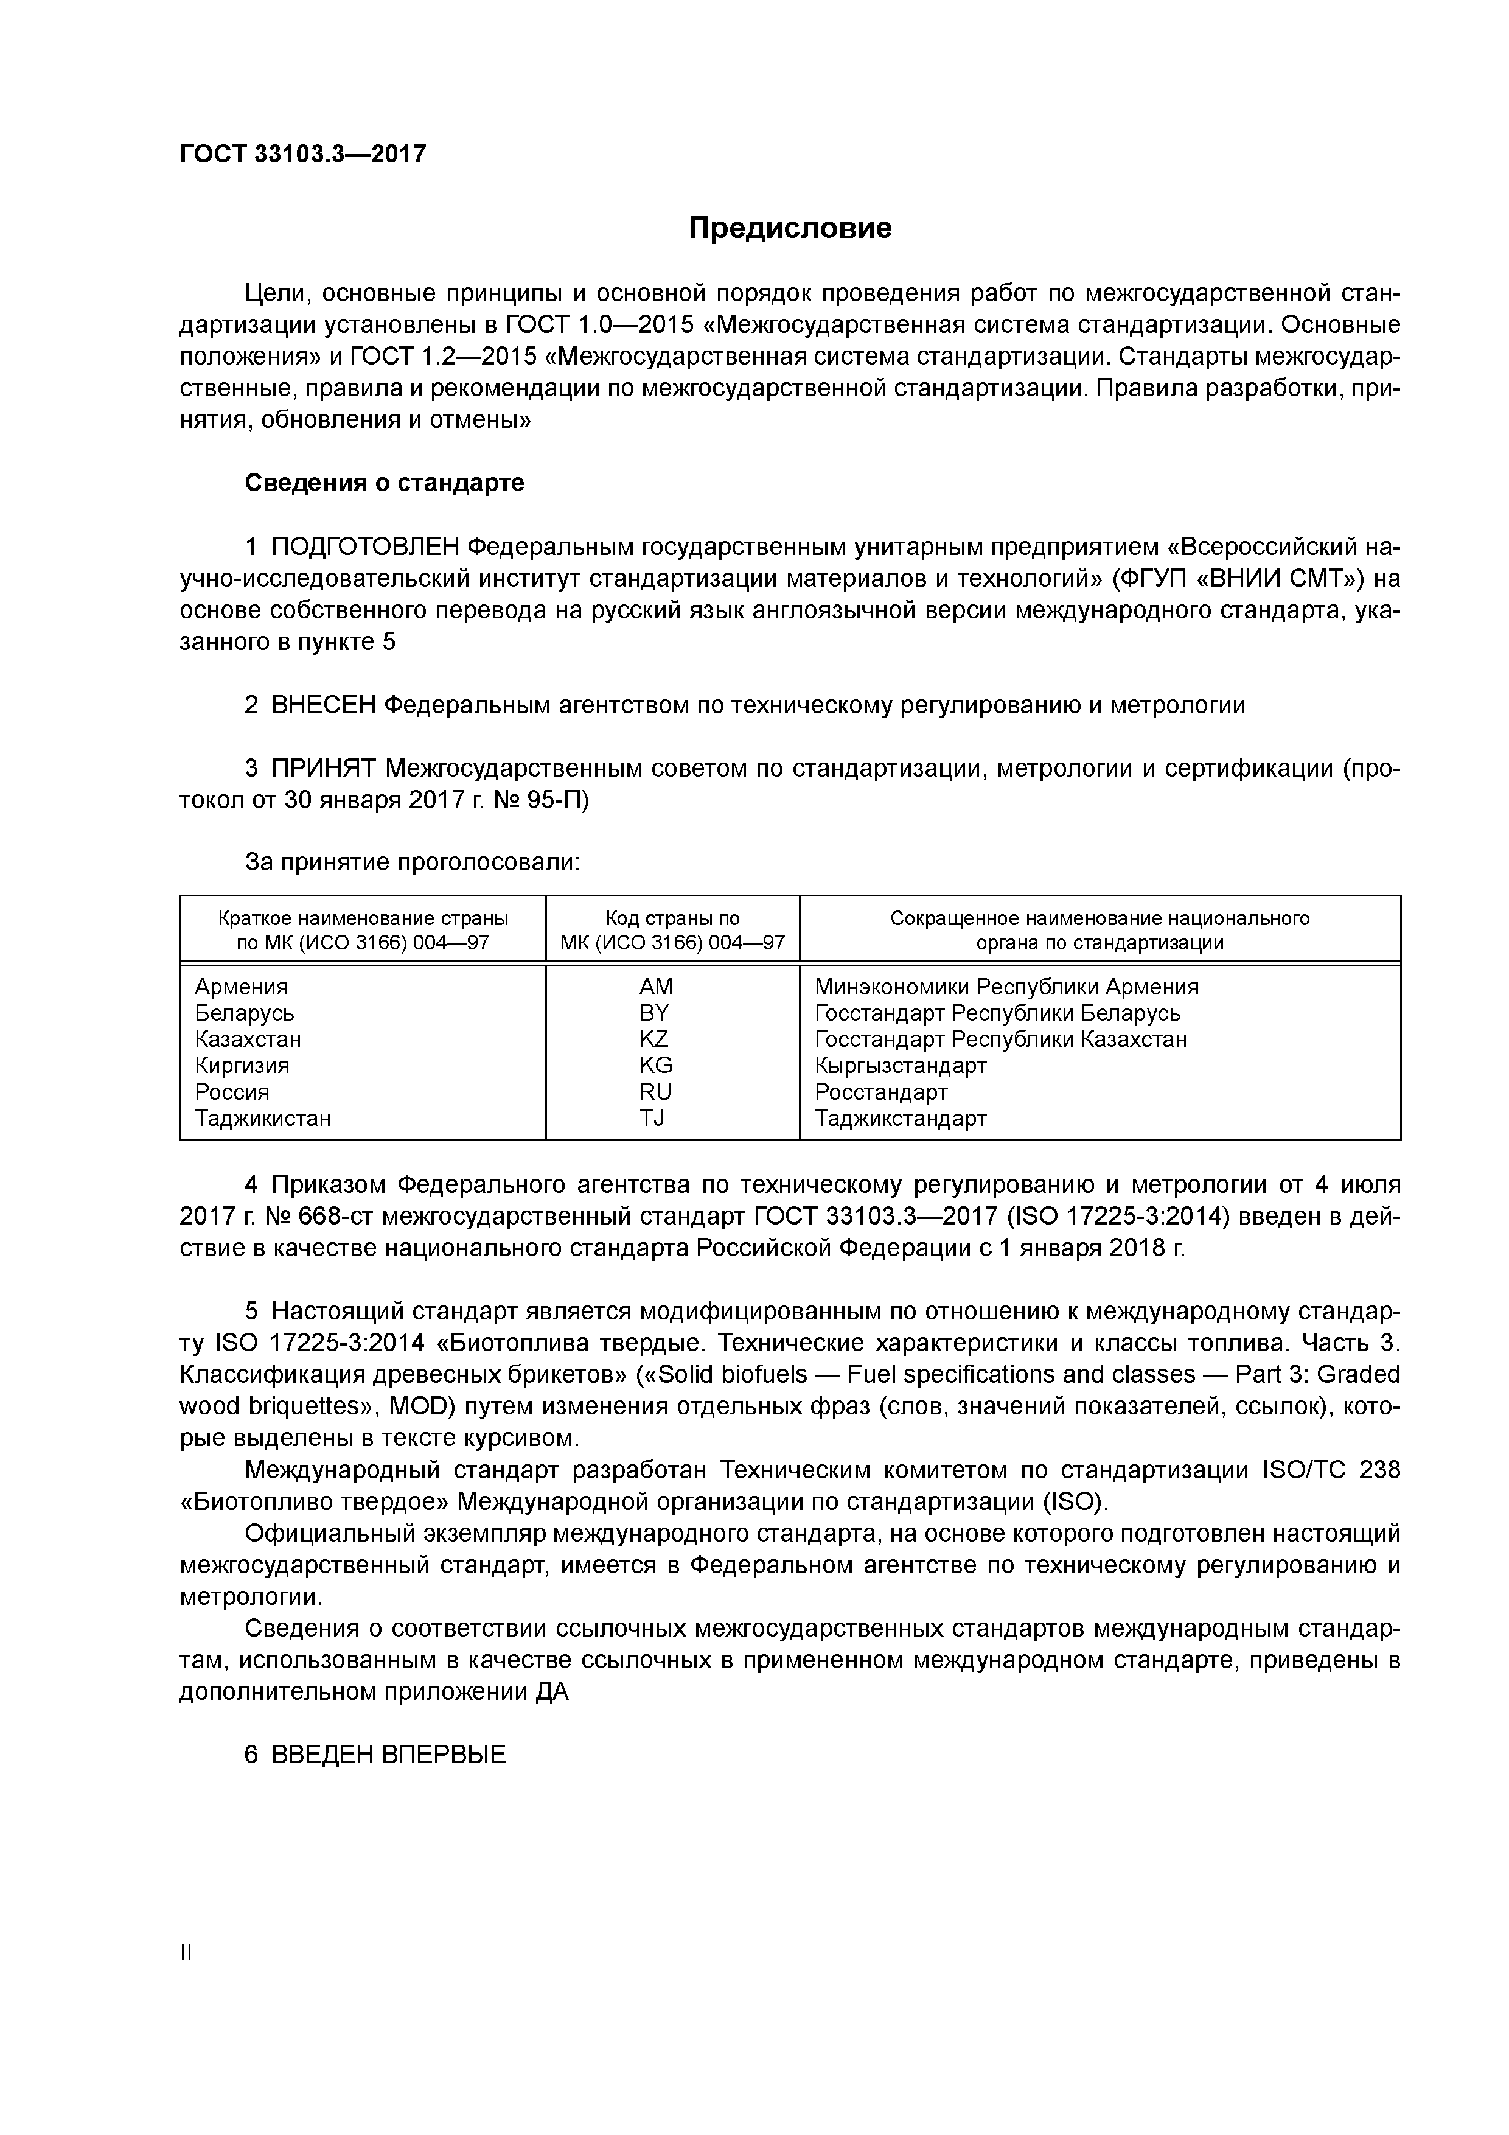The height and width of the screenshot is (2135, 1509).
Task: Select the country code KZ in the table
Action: (655, 1039)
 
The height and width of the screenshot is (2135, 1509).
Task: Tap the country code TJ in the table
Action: (653, 1118)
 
